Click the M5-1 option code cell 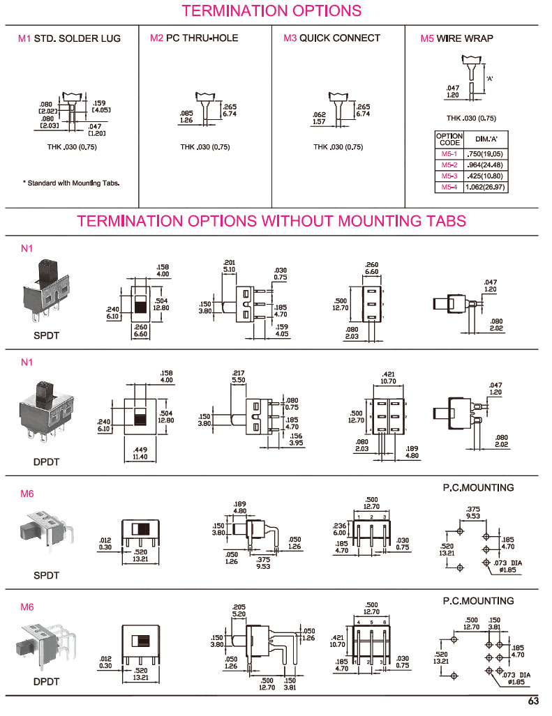tap(449, 153)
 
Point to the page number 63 tap(533, 701)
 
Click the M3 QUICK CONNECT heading tap(331, 38)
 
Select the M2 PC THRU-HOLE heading tap(194, 38)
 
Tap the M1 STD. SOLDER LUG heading tap(69, 38)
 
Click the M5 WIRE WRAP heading tap(456, 38)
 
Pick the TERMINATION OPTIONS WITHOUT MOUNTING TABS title tap(271, 222)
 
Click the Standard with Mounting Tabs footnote tap(71, 183)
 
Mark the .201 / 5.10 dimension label tap(230, 266)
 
